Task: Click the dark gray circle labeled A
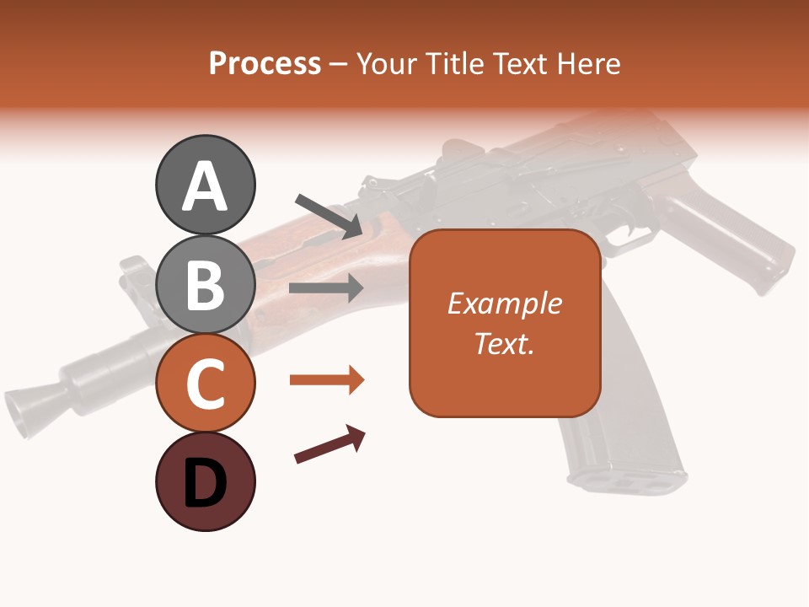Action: (x=205, y=185)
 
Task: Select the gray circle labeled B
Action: (x=205, y=285)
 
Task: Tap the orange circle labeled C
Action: (x=205, y=384)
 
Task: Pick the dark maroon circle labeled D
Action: (x=205, y=482)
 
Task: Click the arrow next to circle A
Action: (x=329, y=216)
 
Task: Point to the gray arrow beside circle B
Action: (x=326, y=288)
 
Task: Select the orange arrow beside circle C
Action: (x=327, y=380)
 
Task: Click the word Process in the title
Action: (x=265, y=63)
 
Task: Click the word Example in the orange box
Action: (x=504, y=303)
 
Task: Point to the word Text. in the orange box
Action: (x=504, y=343)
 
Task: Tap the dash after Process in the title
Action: (x=338, y=64)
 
